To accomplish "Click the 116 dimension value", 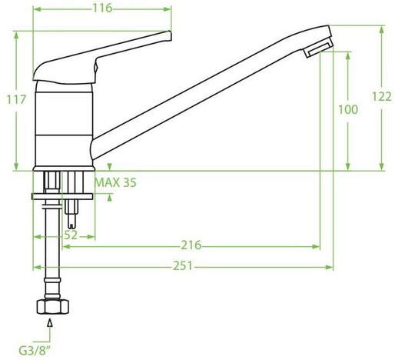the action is pyautogui.click(x=102, y=8).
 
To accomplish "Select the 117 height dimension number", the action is pyautogui.click(x=16, y=99).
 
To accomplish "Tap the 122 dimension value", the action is pyautogui.click(x=382, y=97).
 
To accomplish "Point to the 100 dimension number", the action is pyautogui.click(x=348, y=109).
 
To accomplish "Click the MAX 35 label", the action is pyautogui.click(x=115, y=182).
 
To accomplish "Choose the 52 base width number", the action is pyautogui.click(x=71, y=235).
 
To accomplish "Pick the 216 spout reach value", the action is pyautogui.click(x=191, y=245).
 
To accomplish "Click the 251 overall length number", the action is pyautogui.click(x=183, y=266).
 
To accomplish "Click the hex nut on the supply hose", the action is pyautogui.click(x=53, y=307).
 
